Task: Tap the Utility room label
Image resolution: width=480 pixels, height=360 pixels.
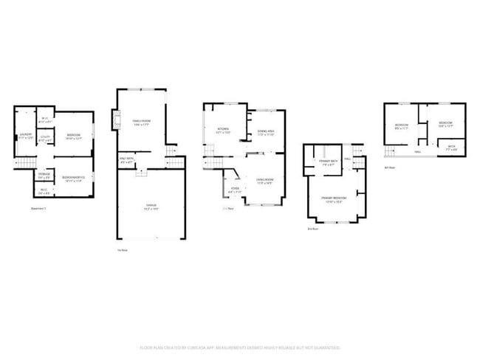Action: pyautogui.click(x=44, y=138)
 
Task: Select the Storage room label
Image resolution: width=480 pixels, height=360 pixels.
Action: pyautogui.click(x=44, y=176)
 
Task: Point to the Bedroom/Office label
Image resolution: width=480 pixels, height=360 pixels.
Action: pyautogui.click(x=72, y=178)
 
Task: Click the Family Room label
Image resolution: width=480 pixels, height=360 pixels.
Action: pyautogui.click(x=141, y=122)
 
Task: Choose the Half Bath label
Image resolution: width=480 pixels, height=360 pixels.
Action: pyautogui.click(x=127, y=159)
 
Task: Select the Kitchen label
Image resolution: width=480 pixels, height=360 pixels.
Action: pyautogui.click(x=222, y=131)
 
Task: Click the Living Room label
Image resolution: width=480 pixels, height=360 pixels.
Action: pyautogui.click(x=265, y=181)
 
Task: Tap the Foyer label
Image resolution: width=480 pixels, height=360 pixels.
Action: pyautogui.click(x=235, y=190)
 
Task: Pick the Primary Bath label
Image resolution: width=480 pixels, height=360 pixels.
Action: pyautogui.click(x=329, y=163)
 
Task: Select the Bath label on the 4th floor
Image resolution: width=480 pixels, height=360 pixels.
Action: pyautogui.click(x=452, y=148)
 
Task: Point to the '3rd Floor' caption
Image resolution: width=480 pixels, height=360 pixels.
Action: pyautogui.click(x=312, y=229)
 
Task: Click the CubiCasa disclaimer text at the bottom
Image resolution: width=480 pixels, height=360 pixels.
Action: pyautogui.click(x=240, y=347)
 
